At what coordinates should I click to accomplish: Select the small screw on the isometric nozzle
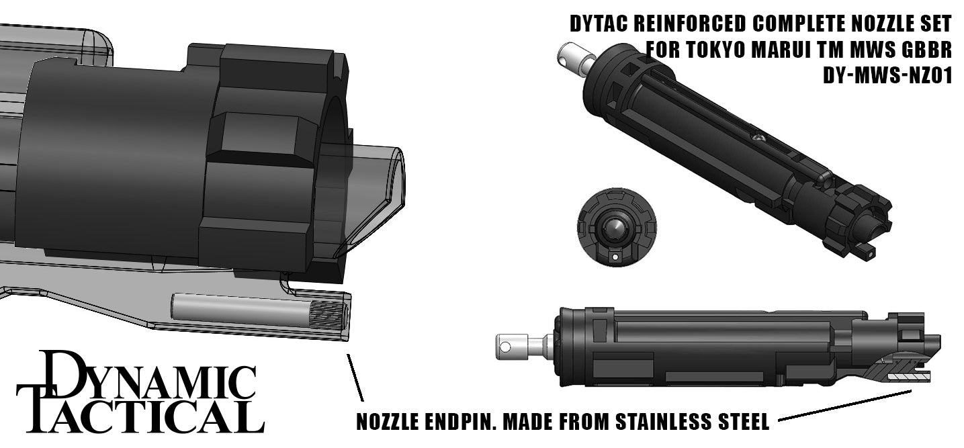[x=757, y=136]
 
